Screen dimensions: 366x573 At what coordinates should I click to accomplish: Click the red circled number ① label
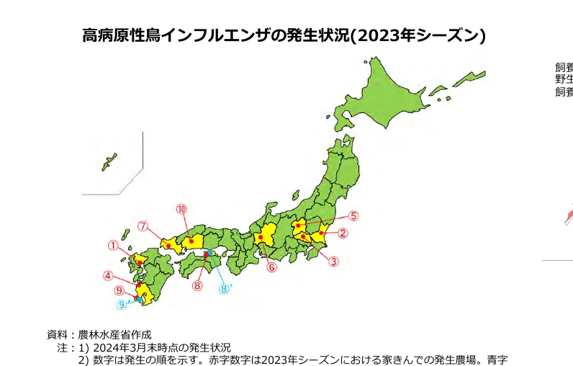tap(113, 245)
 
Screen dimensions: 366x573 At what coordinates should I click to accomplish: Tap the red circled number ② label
tap(343, 233)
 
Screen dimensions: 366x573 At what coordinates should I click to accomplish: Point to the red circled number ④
tap(107, 275)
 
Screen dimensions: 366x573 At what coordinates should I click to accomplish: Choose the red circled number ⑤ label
tap(353, 215)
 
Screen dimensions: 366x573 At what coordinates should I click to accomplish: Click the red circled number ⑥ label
tap(271, 267)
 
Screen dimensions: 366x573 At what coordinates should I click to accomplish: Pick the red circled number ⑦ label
tap(143, 226)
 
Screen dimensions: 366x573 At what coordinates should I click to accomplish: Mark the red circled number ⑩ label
tap(181, 209)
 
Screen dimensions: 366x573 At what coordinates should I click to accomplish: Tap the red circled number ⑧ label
tap(197, 285)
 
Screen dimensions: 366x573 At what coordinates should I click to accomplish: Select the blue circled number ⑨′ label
tap(122, 305)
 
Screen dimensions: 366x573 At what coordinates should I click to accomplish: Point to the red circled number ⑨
tap(119, 290)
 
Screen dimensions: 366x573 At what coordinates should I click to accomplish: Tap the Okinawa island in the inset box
tap(109, 161)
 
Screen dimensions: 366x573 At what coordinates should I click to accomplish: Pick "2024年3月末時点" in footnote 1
tap(128, 347)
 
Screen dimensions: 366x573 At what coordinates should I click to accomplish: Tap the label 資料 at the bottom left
tap(57, 335)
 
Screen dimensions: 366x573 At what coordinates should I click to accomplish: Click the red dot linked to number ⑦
tap(168, 245)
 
